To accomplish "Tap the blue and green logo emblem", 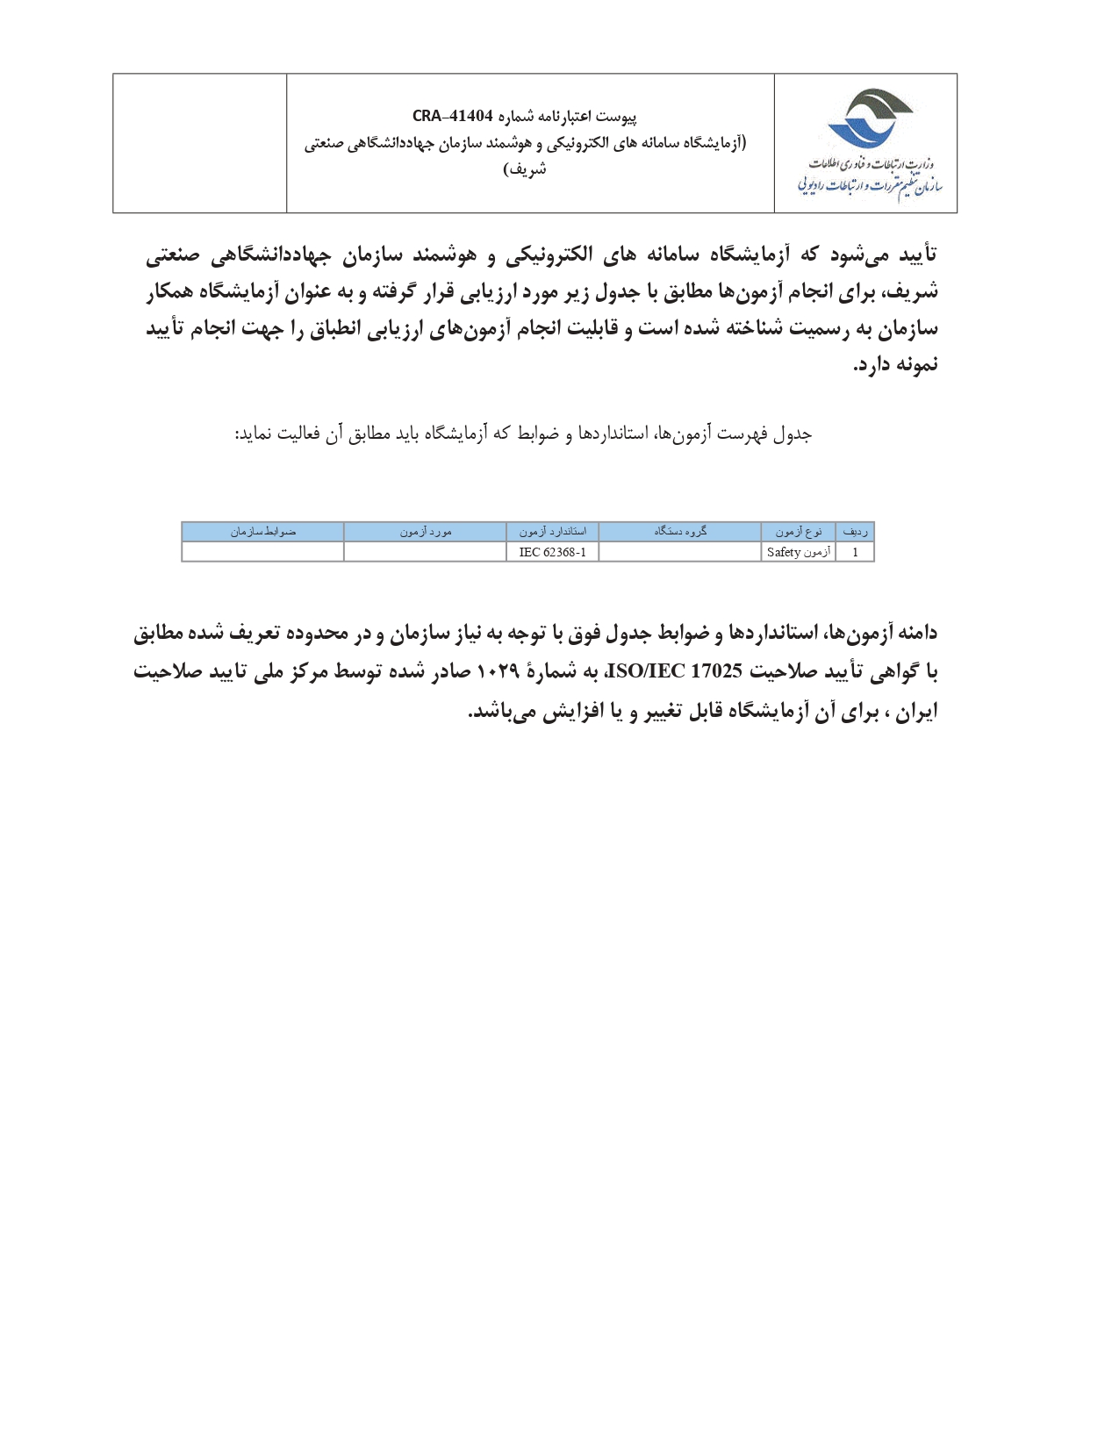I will (x=867, y=118).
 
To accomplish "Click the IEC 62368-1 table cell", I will (x=552, y=552).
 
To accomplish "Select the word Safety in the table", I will (x=783, y=552).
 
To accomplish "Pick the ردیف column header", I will (x=855, y=532).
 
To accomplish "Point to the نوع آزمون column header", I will (x=798, y=532).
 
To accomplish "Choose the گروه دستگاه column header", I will (x=680, y=532).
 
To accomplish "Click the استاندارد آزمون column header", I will (x=552, y=532).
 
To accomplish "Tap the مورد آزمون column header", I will (x=426, y=532).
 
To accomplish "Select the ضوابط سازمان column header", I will (x=263, y=532).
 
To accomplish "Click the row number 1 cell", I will (x=855, y=552).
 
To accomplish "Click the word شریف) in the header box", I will (x=525, y=169).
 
